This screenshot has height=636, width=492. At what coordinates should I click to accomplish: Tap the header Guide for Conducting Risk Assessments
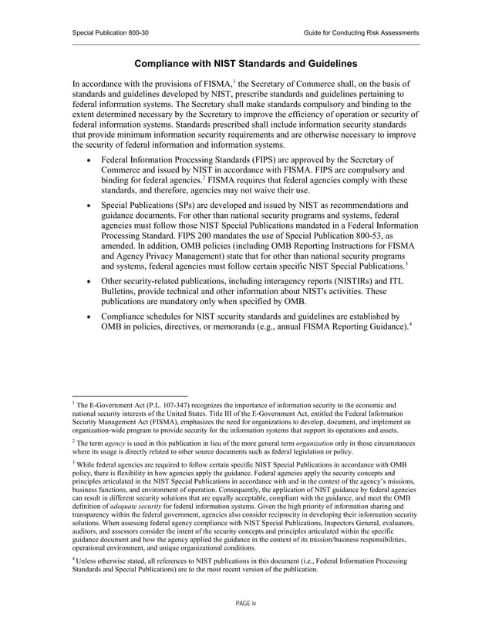tap(362, 32)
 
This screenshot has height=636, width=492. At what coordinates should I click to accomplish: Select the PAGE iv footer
tap(246, 603)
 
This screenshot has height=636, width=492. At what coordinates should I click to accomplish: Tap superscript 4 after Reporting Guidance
tap(409, 324)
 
